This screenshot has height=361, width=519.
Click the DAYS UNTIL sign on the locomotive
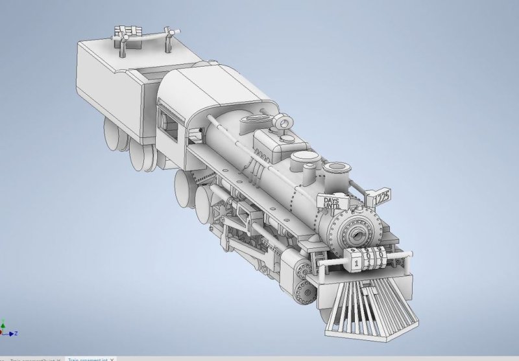coord(332,203)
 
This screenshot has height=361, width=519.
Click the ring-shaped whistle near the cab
coord(282,121)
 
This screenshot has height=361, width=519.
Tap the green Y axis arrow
coord(3,325)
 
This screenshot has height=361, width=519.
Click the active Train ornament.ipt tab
coord(88,358)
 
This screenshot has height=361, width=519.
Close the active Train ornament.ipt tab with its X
coord(112,358)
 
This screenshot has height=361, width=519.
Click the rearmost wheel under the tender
coord(112,135)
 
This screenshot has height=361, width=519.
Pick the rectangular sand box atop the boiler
coord(272,143)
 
